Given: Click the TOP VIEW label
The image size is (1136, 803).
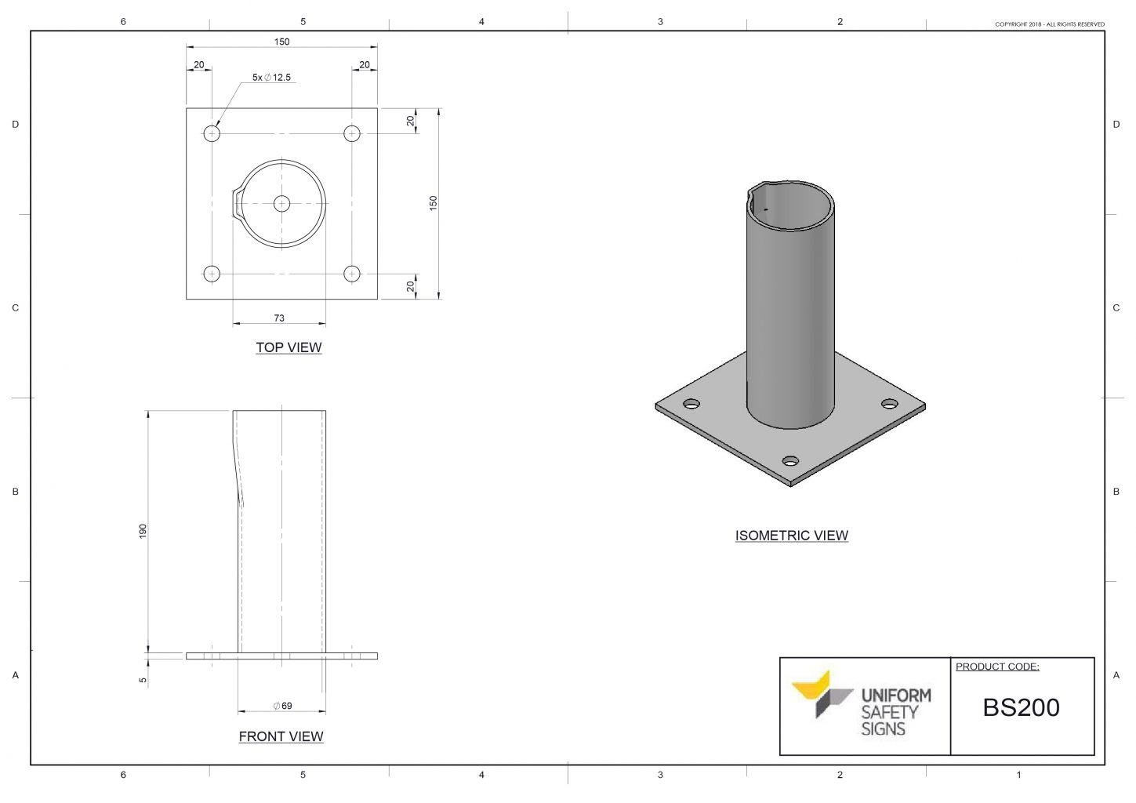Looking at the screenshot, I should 289,347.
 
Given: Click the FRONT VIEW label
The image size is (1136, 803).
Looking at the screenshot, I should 281,736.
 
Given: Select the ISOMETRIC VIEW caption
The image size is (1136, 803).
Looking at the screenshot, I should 791,536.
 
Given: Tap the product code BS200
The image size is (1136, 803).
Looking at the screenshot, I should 1021,707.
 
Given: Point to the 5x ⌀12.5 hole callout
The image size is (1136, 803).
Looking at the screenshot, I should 271,78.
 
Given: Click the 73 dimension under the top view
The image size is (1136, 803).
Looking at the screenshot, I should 279,318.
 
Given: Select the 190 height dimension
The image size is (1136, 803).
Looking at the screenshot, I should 143,531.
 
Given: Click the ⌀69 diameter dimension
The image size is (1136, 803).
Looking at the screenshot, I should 282,706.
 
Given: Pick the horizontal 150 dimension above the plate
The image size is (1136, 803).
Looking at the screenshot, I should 281,42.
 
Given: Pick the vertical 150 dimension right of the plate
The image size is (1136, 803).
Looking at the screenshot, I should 433,202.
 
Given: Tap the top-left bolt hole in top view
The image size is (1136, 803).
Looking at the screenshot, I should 212,133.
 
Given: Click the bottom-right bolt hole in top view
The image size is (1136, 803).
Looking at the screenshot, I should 352,274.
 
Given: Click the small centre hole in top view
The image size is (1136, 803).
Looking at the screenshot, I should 281,204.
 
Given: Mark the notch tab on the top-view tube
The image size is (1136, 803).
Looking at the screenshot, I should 237,203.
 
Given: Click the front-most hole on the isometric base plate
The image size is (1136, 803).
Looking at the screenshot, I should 790,461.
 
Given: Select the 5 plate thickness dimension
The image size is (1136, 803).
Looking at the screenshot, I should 143,680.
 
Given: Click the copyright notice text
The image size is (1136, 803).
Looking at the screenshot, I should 1049,24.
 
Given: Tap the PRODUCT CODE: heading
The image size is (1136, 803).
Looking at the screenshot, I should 997,667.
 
